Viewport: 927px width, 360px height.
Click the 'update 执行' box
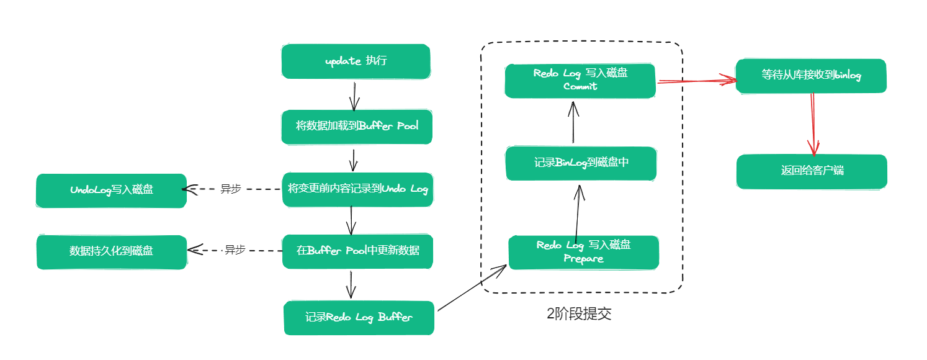coord(356,61)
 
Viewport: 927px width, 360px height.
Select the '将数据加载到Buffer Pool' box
coord(357,127)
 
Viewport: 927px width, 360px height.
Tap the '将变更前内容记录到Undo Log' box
coord(357,189)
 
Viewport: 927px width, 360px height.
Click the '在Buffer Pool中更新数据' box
coord(357,251)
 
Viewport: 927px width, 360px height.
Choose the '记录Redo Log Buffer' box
coord(359,318)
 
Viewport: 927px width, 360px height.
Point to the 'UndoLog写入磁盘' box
coord(111,190)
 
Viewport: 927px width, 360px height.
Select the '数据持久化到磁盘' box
coord(112,251)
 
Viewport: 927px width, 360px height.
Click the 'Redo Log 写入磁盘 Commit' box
coord(580,81)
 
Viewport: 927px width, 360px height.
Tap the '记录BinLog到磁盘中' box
coord(581,163)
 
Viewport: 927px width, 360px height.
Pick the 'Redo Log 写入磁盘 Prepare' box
coord(583,252)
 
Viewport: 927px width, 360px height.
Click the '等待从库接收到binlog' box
coord(810,76)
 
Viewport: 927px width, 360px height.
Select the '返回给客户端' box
coord(812,171)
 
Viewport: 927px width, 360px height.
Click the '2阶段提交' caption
coord(579,314)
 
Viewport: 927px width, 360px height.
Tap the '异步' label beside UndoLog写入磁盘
coord(230,189)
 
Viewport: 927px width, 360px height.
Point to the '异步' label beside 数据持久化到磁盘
coord(235,250)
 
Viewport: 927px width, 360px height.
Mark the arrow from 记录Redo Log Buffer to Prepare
coord(472,288)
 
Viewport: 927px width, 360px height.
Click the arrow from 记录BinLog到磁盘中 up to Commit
coord(573,123)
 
